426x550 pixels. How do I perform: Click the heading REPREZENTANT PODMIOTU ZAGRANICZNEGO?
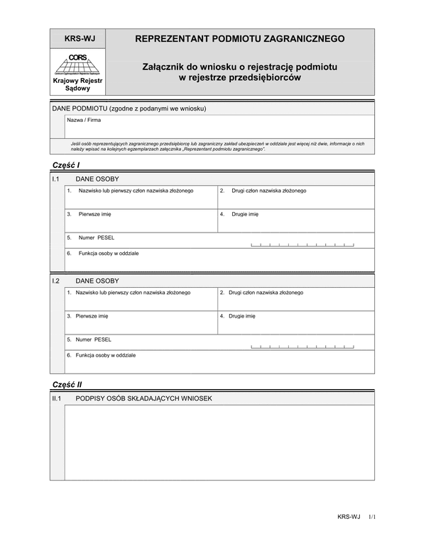240,38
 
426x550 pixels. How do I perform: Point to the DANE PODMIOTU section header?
129,108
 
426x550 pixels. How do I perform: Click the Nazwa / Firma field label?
84,120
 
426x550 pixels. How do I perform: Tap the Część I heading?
66,164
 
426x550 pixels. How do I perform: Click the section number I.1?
57,179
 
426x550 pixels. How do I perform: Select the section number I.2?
57,281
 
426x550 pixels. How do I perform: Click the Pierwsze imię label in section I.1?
94,213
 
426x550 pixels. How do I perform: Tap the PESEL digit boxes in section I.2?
302,346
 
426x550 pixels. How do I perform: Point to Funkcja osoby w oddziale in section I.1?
109,253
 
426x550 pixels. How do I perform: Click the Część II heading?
67,384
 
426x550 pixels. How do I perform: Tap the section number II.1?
58,398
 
